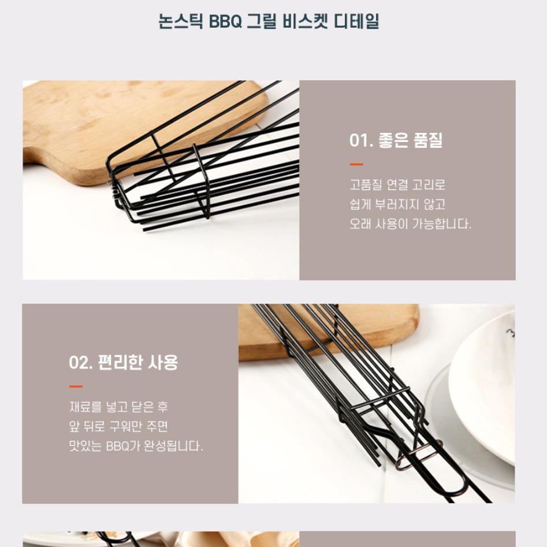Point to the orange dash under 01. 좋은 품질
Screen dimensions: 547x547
[356, 164]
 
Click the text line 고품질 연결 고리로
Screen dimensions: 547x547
[397, 185]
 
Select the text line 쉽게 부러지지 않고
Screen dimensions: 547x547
[397, 204]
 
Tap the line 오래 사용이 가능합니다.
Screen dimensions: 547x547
[410, 224]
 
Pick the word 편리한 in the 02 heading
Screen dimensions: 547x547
[122, 363]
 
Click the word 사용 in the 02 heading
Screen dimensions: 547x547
[163, 363]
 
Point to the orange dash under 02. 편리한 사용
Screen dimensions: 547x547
[76, 386]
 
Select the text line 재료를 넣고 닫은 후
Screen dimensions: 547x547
[118, 407]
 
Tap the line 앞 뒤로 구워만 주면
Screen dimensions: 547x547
[118, 427]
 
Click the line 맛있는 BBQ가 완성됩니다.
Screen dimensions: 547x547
[136, 446]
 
